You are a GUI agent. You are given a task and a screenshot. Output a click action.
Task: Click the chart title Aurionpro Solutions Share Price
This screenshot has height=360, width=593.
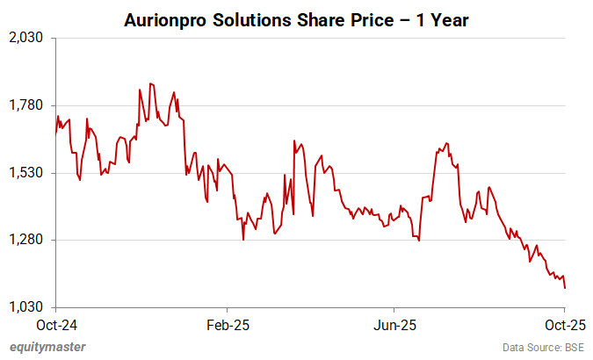click(296, 19)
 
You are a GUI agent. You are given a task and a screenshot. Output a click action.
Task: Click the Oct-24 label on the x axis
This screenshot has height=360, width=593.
click(55, 324)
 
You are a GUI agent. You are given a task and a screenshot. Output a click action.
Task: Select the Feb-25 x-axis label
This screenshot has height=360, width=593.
click(228, 324)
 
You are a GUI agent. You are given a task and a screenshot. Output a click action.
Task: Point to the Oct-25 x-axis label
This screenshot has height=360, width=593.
click(564, 324)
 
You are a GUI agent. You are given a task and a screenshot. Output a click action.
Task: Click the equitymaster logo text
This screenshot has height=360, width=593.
click(47, 347)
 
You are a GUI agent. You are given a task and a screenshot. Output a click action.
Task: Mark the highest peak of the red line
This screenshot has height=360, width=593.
click(150, 83)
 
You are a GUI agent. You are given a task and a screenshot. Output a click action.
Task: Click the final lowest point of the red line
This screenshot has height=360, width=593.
click(565, 287)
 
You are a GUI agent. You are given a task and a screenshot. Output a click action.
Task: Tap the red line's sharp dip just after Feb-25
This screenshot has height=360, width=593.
click(243, 238)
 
